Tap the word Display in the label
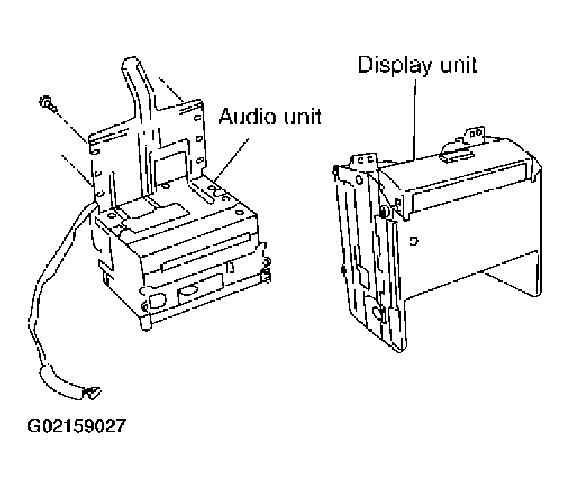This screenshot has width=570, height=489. tap(395, 66)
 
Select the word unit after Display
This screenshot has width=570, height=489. tap(458, 64)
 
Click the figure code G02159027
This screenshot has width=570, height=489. tap(76, 426)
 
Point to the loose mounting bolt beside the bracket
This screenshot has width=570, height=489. tap(47, 103)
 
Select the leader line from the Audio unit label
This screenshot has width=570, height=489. tap(232, 160)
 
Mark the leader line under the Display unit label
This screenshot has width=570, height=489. tap(414, 118)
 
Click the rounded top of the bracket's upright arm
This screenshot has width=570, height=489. tap(132, 62)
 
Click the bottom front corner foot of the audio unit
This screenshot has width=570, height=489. tap(145, 322)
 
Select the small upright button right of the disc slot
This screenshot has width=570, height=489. tap(230, 267)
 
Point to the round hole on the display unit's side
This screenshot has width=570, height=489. tap(413, 241)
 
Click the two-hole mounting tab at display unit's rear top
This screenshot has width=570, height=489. tap(474, 133)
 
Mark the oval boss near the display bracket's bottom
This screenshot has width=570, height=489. tap(378, 312)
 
